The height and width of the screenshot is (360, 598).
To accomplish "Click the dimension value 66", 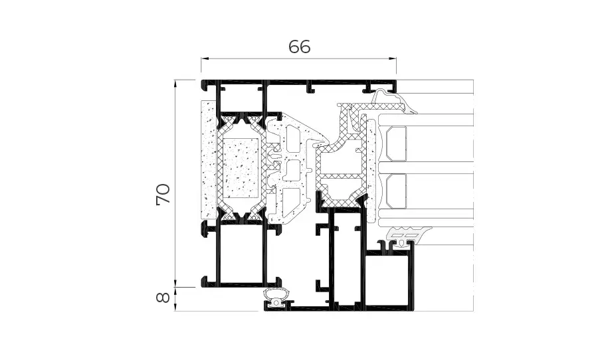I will coord(299,47).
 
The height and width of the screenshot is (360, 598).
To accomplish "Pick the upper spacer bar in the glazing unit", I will coord(396,143).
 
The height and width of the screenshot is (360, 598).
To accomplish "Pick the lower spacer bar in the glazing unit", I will coord(396,191).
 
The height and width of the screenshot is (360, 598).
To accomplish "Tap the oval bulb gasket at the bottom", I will coord(276,295).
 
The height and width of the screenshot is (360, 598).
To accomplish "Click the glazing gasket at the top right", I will coord(389,100).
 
